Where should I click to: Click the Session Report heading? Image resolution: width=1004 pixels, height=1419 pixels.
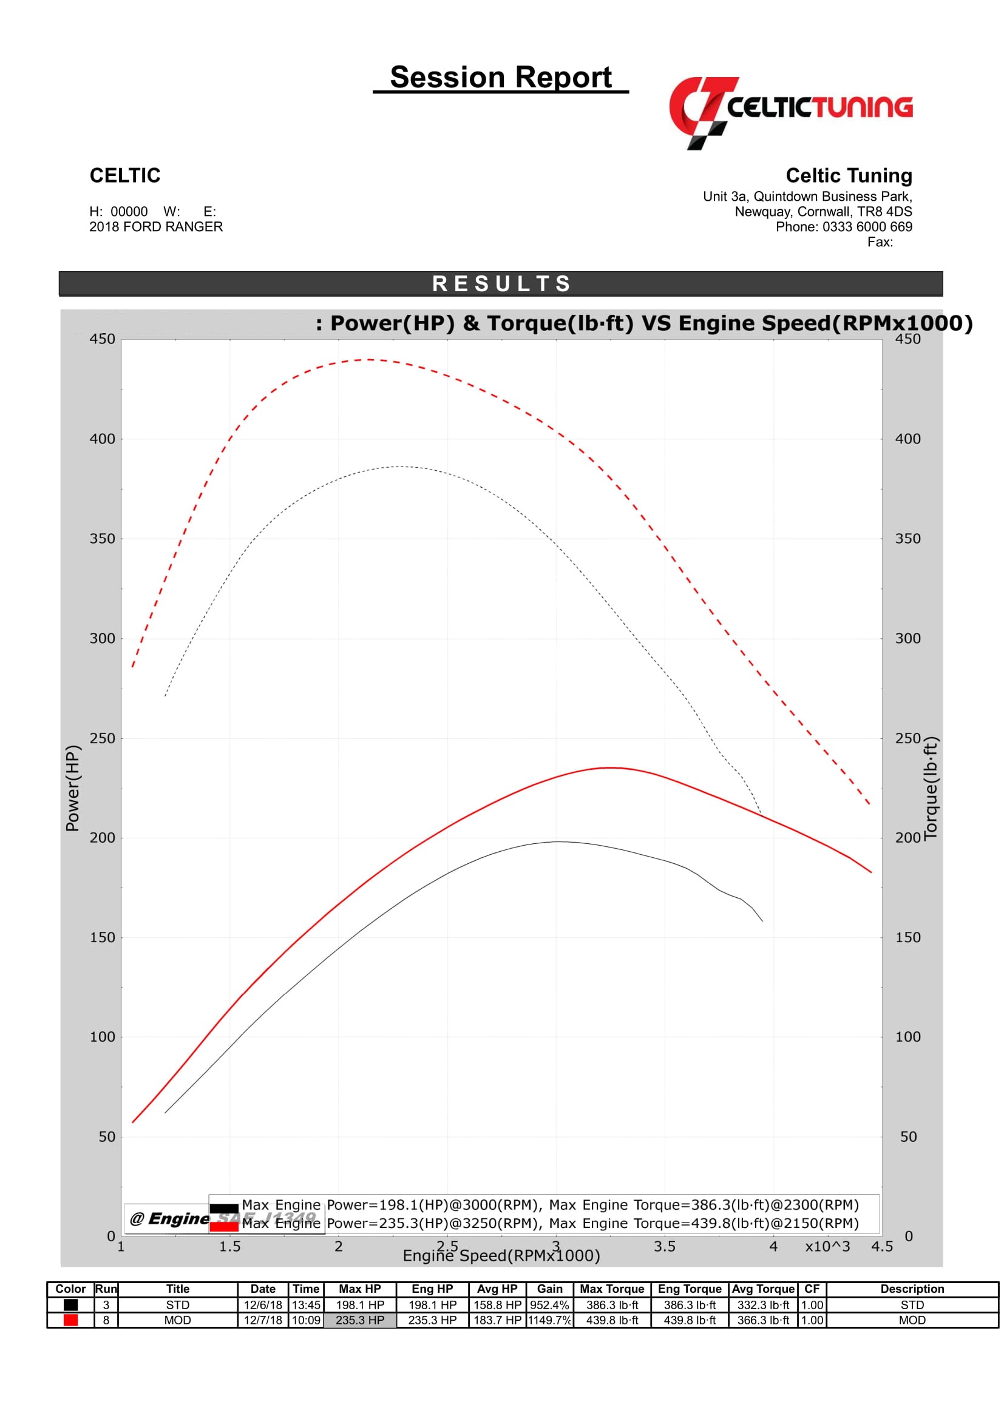[500, 78]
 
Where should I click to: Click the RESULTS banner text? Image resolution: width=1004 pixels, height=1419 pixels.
[501, 284]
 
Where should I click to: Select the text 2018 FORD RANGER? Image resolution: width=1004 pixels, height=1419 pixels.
[156, 227]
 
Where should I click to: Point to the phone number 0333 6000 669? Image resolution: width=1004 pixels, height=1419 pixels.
[867, 227]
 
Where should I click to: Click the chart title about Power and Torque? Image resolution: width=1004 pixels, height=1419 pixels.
[643, 323]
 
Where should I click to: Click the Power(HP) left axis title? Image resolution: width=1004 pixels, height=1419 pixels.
[73, 788]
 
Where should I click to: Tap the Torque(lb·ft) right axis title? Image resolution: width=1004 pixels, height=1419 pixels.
[931, 788]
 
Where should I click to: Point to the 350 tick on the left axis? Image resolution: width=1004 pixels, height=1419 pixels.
[102, 538]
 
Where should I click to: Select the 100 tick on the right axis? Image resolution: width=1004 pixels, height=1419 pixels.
[907, 1036]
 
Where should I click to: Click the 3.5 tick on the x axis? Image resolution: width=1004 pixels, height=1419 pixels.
[665, 1247]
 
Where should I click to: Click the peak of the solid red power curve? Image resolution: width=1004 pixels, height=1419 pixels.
[611, 767]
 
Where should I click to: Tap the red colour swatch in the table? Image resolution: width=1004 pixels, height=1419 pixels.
[70, 1320]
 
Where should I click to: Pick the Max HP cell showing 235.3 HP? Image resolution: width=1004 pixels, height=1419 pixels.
[360, 1320]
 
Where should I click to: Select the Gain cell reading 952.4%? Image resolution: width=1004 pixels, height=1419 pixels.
[549, 1305]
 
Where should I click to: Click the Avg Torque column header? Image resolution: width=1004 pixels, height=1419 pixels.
[763, 1289]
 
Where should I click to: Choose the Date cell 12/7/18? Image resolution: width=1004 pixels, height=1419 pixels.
[263, 1320]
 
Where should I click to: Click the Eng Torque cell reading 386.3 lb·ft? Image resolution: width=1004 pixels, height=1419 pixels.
[690, 1305]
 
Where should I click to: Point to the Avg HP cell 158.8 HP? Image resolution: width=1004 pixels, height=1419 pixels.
[497, 1305]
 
